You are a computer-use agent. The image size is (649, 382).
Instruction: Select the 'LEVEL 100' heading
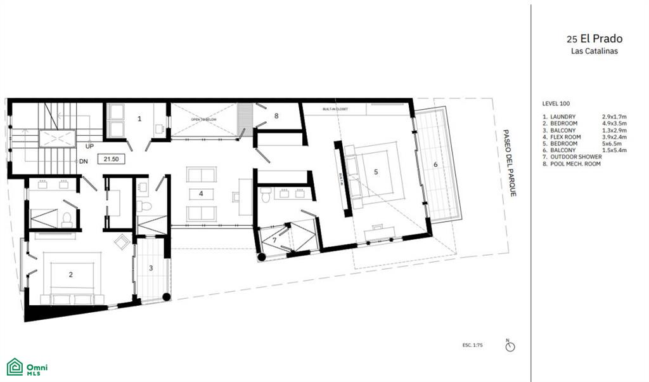556,103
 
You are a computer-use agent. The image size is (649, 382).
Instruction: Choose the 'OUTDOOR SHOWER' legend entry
575,157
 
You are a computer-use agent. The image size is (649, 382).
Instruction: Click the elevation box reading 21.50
110,159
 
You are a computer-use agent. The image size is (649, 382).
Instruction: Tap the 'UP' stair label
91,145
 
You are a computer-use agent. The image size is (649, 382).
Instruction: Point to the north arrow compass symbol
511,346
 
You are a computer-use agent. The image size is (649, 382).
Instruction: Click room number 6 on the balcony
435,164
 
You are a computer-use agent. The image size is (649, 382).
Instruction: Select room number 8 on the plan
276,116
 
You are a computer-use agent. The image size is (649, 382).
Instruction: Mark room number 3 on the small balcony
151,268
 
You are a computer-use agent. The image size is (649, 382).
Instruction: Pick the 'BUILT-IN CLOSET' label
337,110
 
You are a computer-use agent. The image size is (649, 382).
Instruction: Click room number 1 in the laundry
139,118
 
